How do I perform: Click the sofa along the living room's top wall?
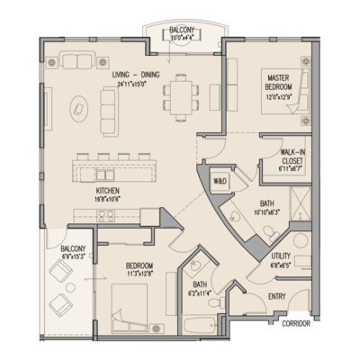tap(79, 62)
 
